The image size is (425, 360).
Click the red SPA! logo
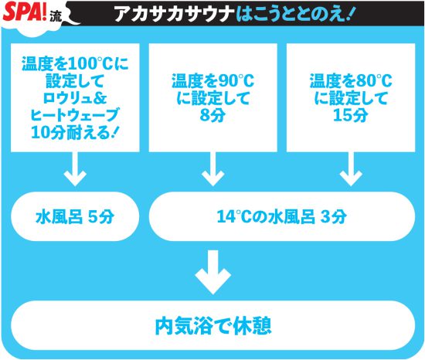25,12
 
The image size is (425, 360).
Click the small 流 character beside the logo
56,17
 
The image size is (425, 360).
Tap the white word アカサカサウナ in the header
175,14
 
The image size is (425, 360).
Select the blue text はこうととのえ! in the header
294,14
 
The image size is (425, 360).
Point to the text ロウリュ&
75,98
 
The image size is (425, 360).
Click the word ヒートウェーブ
74,115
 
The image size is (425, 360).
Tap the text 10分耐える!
74,132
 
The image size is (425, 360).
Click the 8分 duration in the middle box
212,115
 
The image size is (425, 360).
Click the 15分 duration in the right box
351,115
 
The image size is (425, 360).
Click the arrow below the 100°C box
75,168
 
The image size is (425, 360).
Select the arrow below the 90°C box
213,168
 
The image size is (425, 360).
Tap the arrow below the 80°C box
351,168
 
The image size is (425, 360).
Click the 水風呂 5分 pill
75,216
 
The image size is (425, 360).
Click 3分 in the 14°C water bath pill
334,217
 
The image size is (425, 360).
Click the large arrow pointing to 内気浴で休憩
213,272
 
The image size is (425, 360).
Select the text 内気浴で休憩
213,326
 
